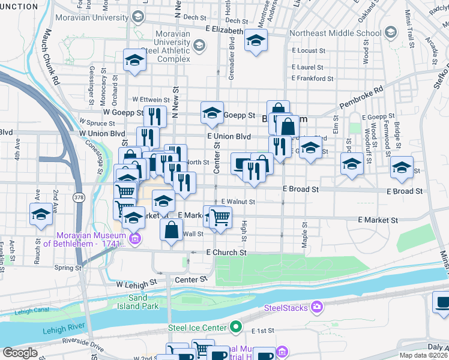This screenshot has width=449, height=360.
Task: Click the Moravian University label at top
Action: [x=89, y=17]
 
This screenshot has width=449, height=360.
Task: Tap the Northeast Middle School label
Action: [x=335, y=33]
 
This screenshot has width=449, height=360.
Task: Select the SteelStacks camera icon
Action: [x=316, y=308]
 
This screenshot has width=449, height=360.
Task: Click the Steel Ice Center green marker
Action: [x=236, y=327]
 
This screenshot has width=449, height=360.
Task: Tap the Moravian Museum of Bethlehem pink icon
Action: [x=134, y=239]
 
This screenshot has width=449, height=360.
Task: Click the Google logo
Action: [x=20, y=352]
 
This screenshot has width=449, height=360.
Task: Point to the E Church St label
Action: [x=226, y=253]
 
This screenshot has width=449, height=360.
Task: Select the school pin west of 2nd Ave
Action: [x=41, y=214]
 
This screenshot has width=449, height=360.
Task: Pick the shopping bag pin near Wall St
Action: [x=172, y=229]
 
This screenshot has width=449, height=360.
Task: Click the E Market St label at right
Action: [x=378, y=221]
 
